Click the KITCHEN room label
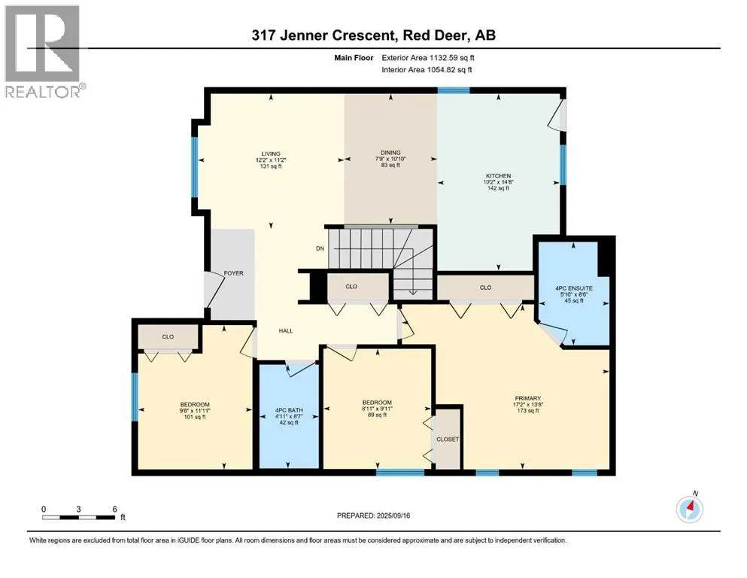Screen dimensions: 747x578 coord(498,176)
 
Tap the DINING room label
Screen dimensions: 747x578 coord(390,153)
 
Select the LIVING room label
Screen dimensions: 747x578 coord(271,154)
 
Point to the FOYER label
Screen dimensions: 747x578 coord(233,273)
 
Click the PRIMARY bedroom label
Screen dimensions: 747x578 coord(528,398)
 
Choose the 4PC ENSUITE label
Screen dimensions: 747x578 coord(574,288)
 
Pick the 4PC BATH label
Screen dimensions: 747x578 coord(289,410)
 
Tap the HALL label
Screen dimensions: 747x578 coord(286,330)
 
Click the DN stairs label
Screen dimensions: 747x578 coord(320,248)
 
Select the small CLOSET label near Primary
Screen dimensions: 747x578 coord(448,440)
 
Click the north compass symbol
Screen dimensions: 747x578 coord(690,509)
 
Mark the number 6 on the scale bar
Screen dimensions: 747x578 coord(115,509)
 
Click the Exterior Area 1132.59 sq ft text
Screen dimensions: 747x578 coord(428,58)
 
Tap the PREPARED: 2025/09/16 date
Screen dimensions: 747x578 coord(373,516)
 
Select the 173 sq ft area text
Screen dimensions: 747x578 coord(528,411)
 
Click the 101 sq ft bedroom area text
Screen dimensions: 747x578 coord(195,417)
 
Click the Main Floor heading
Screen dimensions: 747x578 coord(354,58)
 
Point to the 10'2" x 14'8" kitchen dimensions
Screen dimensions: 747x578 coord(498,182)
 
